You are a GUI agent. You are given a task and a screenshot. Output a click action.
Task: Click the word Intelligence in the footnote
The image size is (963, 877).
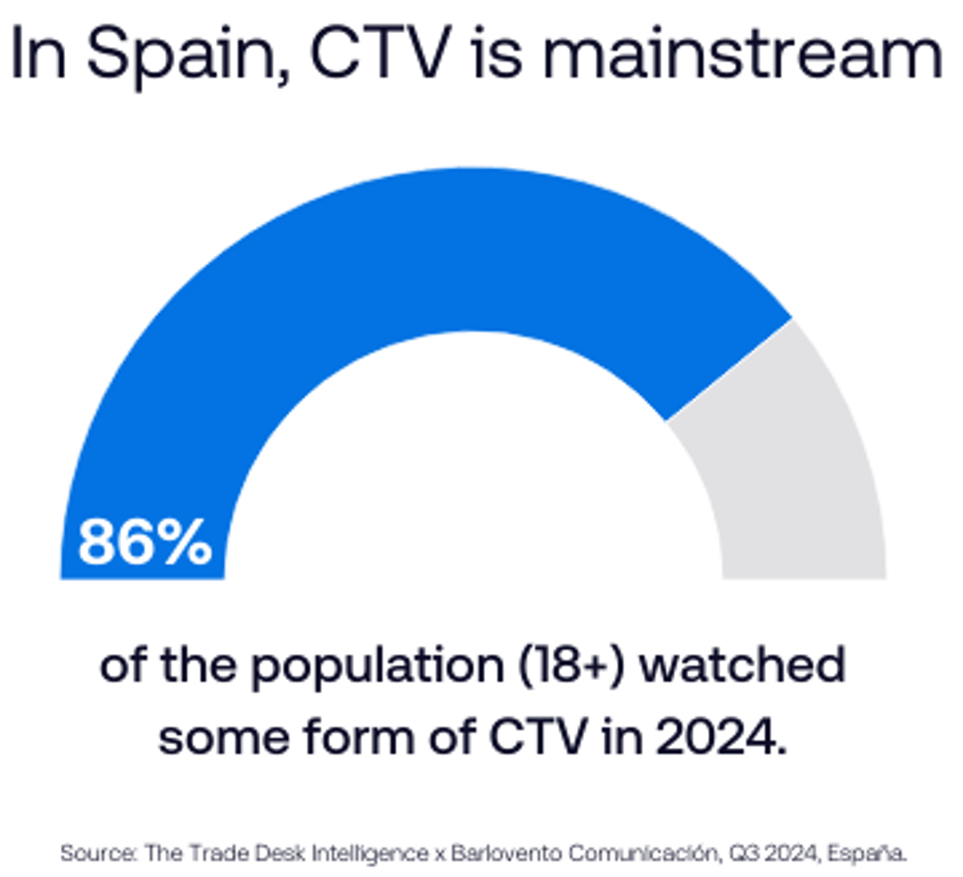(x=370, y=853)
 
